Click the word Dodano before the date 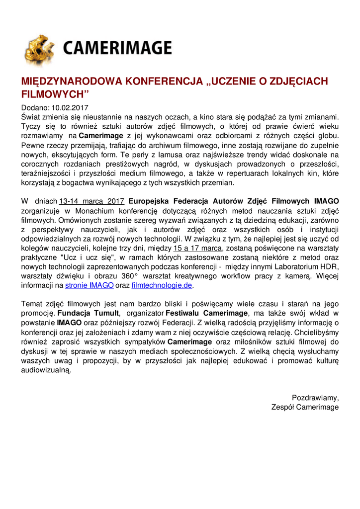35,107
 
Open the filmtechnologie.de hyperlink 162,286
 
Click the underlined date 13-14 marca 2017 91,201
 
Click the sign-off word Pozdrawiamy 315,398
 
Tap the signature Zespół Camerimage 305,407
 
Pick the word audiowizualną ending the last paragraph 46,370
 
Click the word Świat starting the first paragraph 31,117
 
